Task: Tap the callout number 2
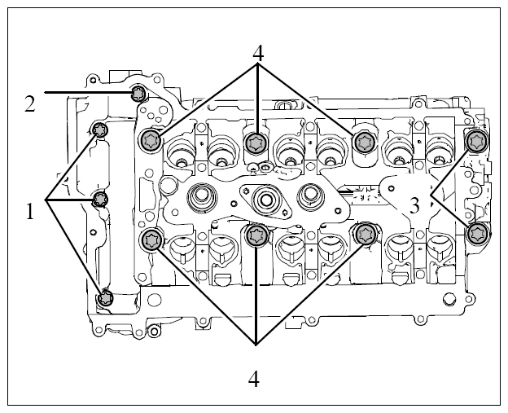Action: click(30, 105)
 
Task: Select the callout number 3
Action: click(414, 205)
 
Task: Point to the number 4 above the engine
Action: click(258, 53)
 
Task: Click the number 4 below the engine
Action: click(254, 380)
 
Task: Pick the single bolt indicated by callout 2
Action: click(138, 94)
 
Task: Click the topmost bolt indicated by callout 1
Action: click(99, 130)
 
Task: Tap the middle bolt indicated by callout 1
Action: click(99, 199)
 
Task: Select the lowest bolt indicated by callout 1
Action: click(105, 297)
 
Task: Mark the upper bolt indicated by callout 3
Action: click(476, 141)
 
